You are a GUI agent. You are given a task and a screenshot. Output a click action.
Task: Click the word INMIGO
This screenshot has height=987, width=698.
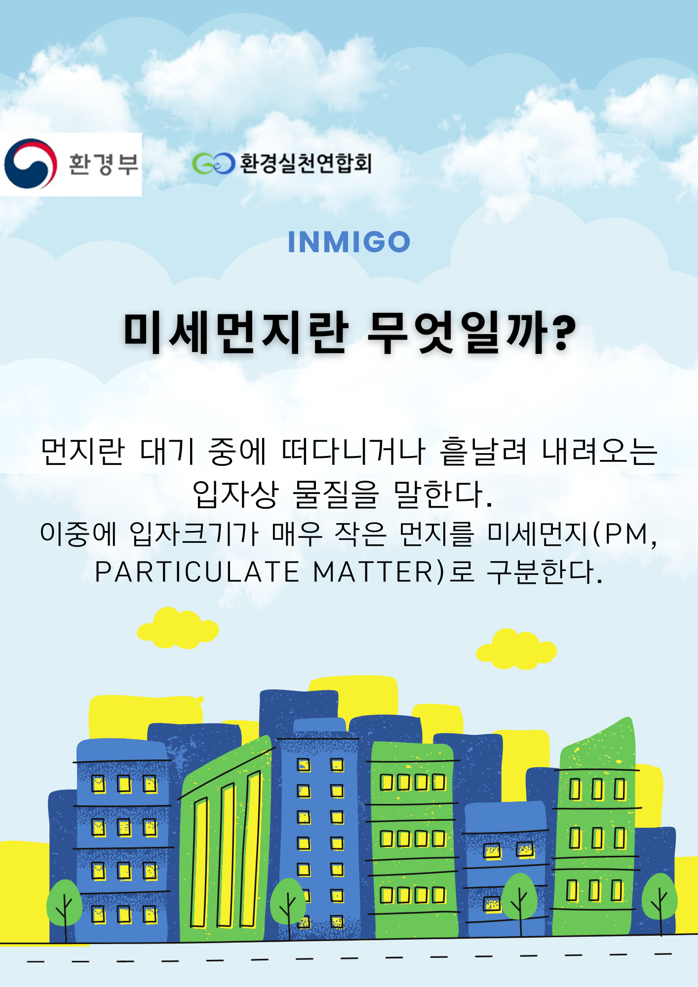tap(349, 242)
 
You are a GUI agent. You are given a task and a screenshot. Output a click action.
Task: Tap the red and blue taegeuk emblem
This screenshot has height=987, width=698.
tap(30, 164)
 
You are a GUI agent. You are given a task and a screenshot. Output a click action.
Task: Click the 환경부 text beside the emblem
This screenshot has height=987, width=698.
tap(104, 164)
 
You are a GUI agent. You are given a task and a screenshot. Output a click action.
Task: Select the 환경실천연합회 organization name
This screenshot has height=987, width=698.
tap(306, 163)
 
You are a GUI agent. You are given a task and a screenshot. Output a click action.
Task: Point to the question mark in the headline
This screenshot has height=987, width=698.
tap(564, 333)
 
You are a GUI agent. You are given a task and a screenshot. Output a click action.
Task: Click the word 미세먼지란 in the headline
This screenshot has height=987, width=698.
tap(236, 333)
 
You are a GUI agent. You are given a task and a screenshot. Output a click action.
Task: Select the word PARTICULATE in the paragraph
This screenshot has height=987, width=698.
tap(197, 572)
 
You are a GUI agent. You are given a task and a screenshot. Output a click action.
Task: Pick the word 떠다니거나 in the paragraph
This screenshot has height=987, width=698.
tap(353, 452)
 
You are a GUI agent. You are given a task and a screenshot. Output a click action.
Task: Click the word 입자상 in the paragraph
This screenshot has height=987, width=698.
tap(235, 494)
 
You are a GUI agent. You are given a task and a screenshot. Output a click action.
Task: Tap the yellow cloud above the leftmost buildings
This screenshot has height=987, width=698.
tap(178, 628)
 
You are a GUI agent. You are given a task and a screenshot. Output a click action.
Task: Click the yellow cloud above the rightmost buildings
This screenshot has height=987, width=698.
tap(516, 649)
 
